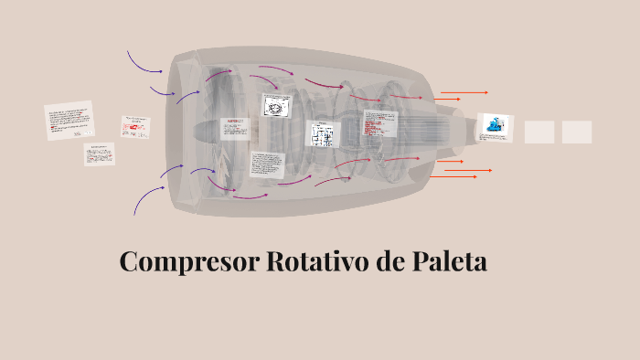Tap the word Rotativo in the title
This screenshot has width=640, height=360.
[x=316, y=261]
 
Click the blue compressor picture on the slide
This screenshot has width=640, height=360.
[x=495, y=127]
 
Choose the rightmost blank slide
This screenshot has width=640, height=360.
[x=577, y=132]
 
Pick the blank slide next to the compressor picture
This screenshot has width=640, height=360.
[x=539, y=132]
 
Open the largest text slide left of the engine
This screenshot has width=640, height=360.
[x=69, y=121]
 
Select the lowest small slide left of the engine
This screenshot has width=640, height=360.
[x=99, y=154]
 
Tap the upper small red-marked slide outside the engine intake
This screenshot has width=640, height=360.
[x=135, y=126]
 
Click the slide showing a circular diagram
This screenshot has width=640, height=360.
[x=275, y=106]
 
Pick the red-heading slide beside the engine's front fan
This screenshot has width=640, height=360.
[x=234, y=126]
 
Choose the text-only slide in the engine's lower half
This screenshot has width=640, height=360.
[x=268, y=165]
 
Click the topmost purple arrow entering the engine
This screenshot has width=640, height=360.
[x=143, y=63]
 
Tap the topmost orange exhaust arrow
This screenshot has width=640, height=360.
[x=464, y=92]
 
